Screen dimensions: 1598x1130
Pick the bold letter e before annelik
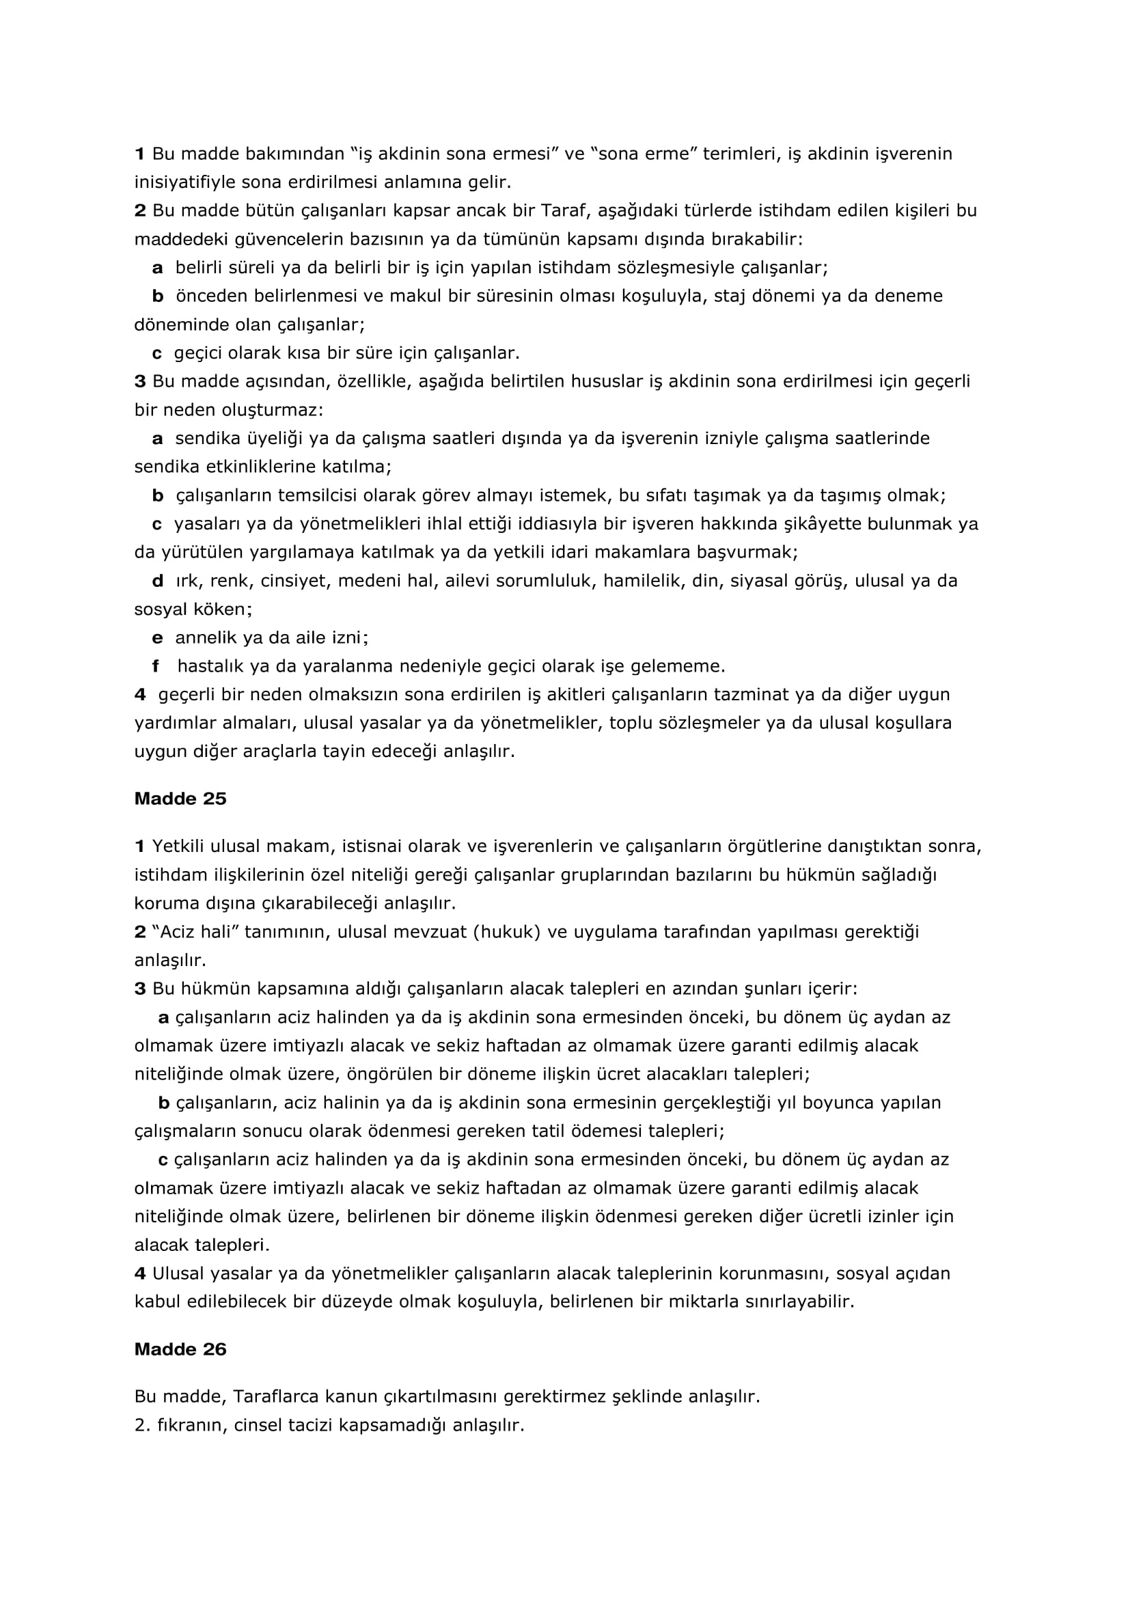158,637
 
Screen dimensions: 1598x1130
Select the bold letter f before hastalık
156,666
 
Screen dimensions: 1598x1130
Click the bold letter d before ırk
158,581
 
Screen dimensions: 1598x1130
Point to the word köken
221,609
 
